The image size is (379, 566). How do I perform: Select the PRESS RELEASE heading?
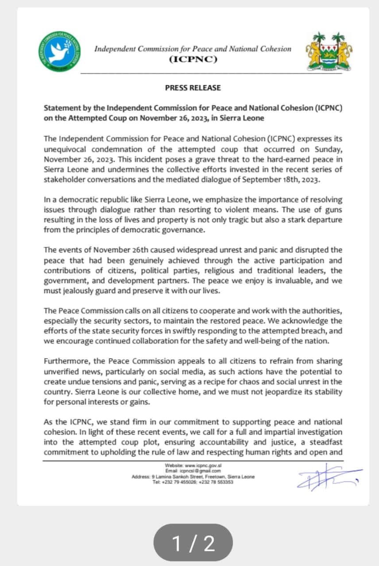(193, 88)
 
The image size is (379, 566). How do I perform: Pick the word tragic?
(237, 219)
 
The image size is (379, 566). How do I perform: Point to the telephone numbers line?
(193, 482)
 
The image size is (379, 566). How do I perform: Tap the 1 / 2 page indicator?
(193, 543)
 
